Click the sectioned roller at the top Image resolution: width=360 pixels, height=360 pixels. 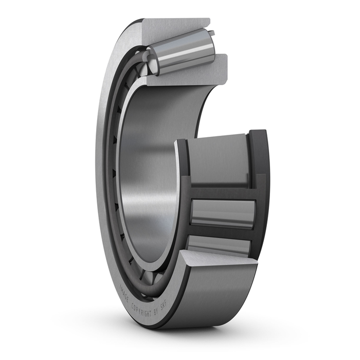click(183, 52)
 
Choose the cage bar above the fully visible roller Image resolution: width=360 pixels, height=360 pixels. click(221, 193)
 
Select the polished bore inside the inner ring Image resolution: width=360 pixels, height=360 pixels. click(149, 170)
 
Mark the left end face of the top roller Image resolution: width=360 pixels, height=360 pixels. click(152, 57)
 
